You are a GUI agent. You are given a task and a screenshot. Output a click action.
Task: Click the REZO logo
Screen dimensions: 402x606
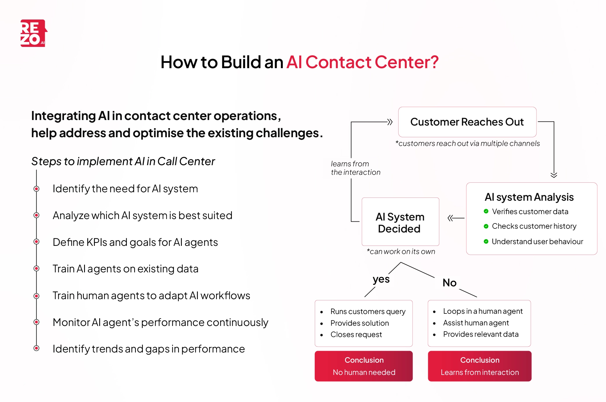(x=33, y=33)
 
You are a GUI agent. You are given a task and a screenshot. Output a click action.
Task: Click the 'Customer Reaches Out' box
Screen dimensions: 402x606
(x=467, y=122)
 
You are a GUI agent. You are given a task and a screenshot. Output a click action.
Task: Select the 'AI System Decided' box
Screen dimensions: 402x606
(x=400, y=222)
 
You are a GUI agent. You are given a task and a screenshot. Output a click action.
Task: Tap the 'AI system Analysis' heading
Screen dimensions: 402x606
(x=529, y=197)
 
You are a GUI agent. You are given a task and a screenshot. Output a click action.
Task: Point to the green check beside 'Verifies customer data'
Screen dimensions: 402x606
(x=486, y=211)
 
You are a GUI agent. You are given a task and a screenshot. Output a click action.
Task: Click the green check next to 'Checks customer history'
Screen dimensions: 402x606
(x=486, y=226)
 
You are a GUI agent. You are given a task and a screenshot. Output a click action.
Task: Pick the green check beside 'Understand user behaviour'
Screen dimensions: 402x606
(x=486, y=241)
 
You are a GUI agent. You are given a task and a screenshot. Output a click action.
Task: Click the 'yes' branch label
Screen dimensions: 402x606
(x=381, y=279)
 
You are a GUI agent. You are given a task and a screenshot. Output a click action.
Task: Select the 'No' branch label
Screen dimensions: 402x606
(x=449, y=283)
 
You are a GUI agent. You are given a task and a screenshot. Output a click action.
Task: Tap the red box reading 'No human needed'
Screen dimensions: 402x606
(x=364, y=366)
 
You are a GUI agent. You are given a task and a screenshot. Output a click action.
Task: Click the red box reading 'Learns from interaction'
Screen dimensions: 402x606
(x=479, y=366)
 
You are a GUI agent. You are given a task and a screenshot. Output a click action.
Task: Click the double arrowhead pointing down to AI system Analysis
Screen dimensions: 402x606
(x=554, y=175)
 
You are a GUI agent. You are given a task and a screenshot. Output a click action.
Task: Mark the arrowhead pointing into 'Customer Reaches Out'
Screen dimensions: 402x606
(x=390, y=122)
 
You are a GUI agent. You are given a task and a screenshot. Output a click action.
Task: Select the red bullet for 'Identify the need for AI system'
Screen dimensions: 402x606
(x=36, y=189)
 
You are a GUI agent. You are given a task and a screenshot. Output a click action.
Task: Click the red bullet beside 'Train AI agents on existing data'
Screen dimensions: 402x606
(x=36, y=269)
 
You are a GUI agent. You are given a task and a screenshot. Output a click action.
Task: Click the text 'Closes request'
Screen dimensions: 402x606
(x=356, y=334)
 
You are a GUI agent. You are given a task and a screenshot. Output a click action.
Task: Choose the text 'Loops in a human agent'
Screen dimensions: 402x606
(x=483, y=311)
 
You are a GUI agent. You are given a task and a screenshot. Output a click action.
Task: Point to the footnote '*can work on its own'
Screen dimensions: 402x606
(x=401, y=252)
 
